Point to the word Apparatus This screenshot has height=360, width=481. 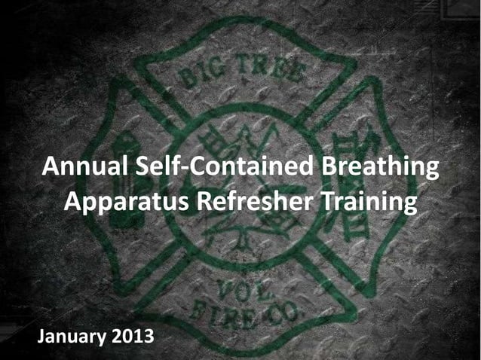126,203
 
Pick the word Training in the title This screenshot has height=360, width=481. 369,203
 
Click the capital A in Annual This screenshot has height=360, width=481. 49,167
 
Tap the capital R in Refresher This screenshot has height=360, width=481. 204,201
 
